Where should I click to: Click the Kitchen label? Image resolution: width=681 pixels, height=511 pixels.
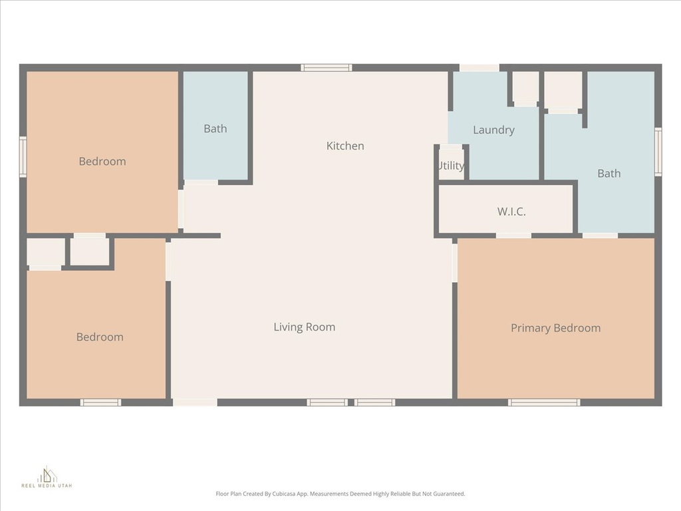[x=345, y=146]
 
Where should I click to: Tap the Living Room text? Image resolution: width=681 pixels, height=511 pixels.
[x=304, y=327]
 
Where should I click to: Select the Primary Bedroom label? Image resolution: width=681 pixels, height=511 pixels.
[x=555, y=328]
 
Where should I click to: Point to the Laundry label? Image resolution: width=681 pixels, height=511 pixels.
[x=493, y=130]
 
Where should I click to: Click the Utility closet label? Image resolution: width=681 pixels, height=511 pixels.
[x=452, y=166]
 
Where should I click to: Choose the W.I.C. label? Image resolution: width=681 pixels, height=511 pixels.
[x=511, y=212]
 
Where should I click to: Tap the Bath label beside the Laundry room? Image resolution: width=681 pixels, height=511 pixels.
[x=609, y=174]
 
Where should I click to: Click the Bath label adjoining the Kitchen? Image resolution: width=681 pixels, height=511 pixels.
[x=215, y=128]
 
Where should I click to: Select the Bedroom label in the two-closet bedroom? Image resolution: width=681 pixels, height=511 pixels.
[x=100, y=337]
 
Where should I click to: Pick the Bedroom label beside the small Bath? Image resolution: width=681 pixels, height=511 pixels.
[x=102, y=161]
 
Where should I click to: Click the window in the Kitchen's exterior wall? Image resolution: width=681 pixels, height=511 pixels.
[x=326, y=67]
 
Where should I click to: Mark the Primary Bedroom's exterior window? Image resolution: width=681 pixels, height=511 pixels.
[x=544, y=402]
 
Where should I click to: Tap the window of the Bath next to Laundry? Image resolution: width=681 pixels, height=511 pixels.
[x=658, y=152]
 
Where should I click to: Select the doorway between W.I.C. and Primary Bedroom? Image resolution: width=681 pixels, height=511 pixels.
[x=513, y=235]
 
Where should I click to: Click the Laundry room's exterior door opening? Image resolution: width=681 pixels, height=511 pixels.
[x=479, y=67]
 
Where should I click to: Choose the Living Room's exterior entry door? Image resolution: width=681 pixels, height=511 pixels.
[x=195, y=402]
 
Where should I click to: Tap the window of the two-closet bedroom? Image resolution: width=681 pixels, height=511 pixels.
[x=100, y=402]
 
